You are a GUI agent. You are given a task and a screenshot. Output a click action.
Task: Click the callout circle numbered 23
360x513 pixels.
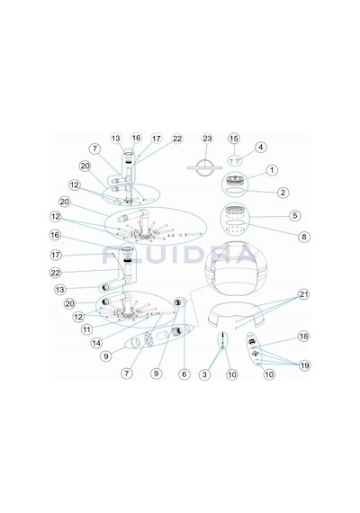pos(207,139)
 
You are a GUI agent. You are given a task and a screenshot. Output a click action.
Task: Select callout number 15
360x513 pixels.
pos(234,139)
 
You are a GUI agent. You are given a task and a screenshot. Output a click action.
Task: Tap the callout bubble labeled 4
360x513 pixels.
pos(260,148)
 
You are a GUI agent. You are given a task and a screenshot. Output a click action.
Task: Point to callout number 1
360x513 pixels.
pos(272,170)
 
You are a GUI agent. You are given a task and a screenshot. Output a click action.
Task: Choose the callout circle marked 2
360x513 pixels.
pos(283,193)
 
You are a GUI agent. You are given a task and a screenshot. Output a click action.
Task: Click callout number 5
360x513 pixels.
pos(295,216)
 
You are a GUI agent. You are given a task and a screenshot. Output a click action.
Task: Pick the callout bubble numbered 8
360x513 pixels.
pos(304,237)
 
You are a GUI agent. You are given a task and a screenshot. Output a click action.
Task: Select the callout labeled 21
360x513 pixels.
pos(304,294)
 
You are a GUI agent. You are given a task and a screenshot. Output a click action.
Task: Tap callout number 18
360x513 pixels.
pos(304,337)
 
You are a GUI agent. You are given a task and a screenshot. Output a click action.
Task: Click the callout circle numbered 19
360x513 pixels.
pos(304,365)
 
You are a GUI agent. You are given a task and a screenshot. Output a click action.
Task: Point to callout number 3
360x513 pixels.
pos(205,374)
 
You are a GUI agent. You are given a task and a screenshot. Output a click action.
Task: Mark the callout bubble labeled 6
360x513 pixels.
pos(184,374)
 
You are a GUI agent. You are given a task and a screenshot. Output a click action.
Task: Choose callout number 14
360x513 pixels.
pos(96,343)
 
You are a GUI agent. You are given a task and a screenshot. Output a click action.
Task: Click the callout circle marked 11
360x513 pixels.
pos(86,329)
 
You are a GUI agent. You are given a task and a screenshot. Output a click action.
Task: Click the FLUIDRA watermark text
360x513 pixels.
pos(179,255)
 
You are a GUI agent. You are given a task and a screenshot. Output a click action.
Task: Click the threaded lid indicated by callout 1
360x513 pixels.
pos(234,180)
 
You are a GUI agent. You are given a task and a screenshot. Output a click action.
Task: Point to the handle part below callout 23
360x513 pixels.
pos(204,167)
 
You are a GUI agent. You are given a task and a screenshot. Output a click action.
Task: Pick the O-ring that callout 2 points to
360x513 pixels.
pos(234,191)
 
